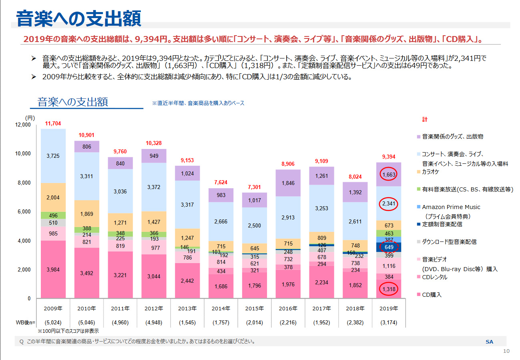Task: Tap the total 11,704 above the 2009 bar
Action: pos(53,124)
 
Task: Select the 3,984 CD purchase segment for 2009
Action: pos(53,270)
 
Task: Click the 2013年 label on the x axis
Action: pos(188,309)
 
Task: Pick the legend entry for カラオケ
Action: pos(431,172)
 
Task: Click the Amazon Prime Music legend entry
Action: pos(451,207)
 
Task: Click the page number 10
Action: pos(506,351)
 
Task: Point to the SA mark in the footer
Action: pos(489,342)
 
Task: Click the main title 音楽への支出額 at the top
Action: pos(78,19)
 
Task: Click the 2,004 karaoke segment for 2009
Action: pos(53,197)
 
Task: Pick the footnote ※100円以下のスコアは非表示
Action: pos(68,331)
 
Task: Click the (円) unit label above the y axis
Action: pos(30,118)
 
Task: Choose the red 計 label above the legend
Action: pos(425,120)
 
